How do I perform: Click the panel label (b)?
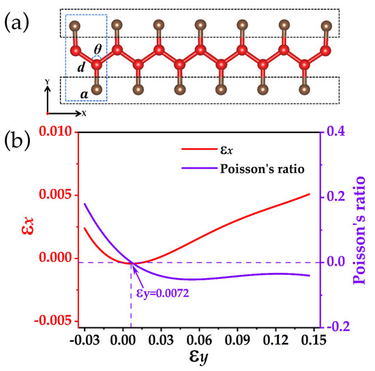[x=18, y=145]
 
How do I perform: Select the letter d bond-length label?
[x=81, y=67]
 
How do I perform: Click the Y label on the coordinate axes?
[x=46, y=81]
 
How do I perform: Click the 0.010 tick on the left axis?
[x=55, y=131]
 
